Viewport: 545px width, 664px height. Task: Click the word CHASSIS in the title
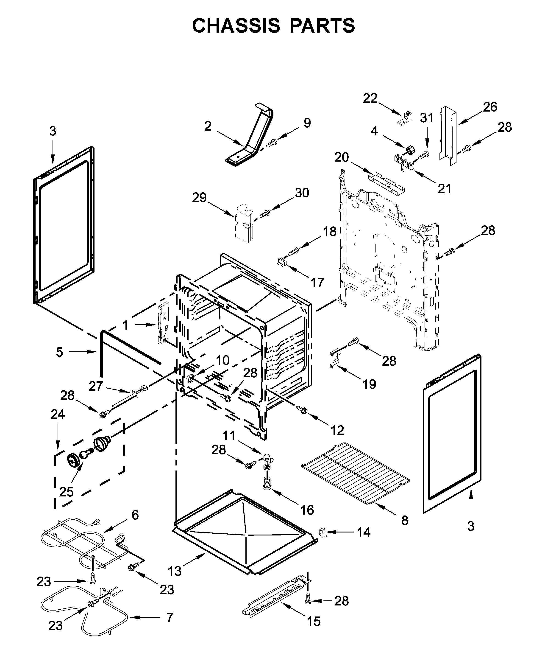coord(235,26)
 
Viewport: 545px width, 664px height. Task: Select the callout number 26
coord(490,107)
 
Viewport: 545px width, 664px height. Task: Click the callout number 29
coord(199,198)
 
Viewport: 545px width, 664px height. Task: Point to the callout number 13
coord(175,571)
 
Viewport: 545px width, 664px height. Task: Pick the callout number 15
coord(314,621)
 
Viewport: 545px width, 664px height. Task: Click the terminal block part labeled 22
coord(405,119)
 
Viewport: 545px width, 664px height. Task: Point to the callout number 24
coord(58,414)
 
